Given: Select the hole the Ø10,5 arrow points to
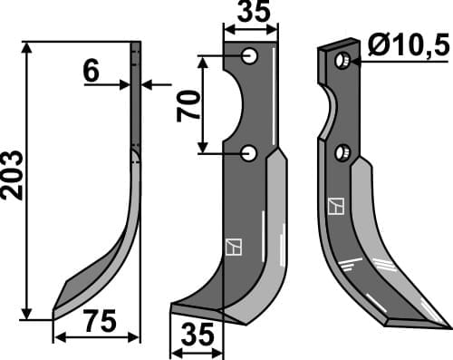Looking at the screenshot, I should [342, 61].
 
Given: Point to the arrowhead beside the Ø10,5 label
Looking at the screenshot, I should [355, 62].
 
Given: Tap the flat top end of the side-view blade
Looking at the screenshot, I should [136, 44].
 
